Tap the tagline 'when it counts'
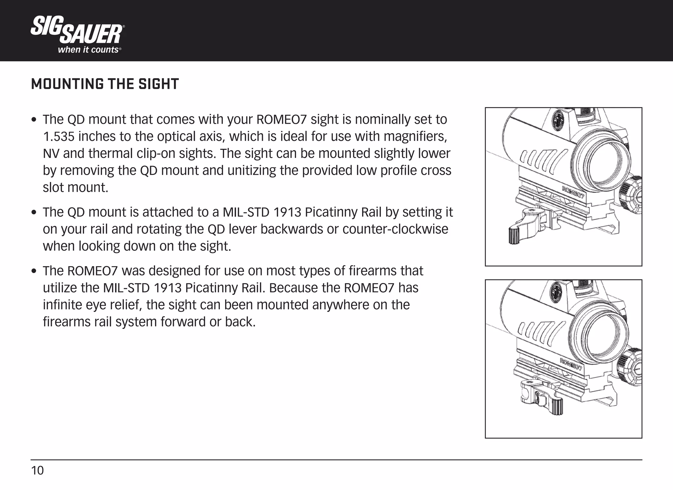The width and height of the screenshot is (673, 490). [88, 50]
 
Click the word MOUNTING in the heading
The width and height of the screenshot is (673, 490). [67, 84]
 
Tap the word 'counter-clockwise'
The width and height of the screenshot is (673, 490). [395, 229]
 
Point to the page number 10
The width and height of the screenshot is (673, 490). [37, 471]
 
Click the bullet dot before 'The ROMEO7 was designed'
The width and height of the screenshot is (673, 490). [34, 272]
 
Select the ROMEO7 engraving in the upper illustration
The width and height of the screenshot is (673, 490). [573, 192]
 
